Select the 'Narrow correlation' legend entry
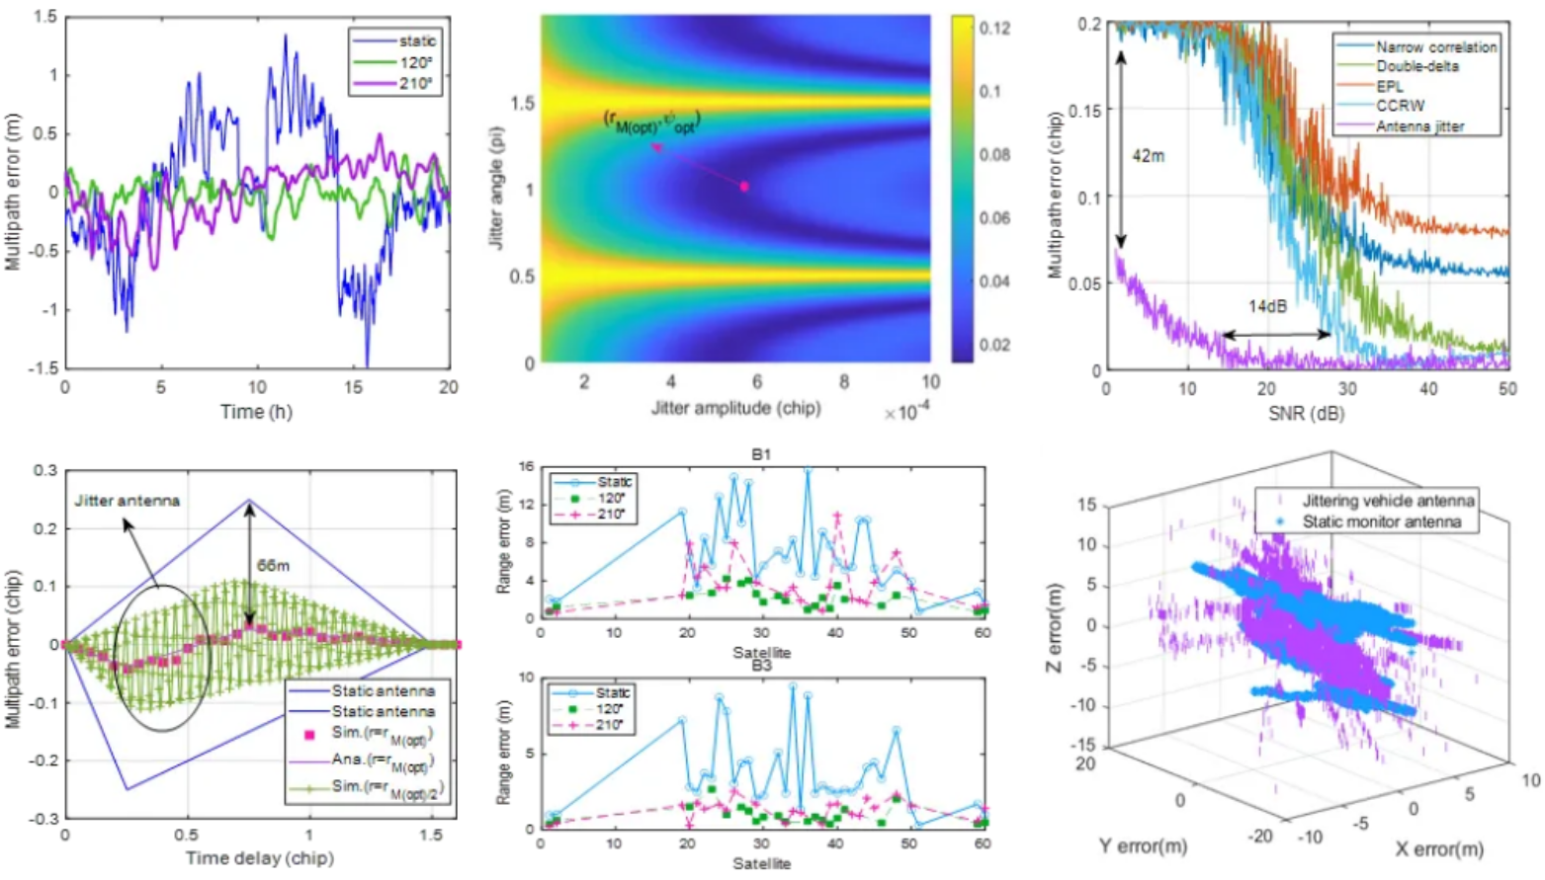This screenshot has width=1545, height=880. (1435, 46)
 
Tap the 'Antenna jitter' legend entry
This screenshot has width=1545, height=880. (1419, 126)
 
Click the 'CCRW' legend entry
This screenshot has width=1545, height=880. (1400, 106)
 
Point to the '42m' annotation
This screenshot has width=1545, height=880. (1148, 156)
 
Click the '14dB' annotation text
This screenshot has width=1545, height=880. (1267, 306)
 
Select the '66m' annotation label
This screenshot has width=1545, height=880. (274, 566)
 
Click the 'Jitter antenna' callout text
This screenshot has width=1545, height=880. (127, 501)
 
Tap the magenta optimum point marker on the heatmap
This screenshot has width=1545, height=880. (744, 186)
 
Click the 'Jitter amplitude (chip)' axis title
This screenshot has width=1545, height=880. (735, 408)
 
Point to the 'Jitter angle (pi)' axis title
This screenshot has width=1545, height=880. (497, 188)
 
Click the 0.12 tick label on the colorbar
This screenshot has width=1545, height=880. (993, 29)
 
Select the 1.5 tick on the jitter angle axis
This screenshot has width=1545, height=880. (522, 104)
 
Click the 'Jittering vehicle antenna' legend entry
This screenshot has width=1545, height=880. (1388, 501)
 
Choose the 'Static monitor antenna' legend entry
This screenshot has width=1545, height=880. (1381, 521)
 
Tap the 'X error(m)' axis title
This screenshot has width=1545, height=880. (1438, 848)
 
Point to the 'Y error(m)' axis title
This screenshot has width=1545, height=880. (1143, 845)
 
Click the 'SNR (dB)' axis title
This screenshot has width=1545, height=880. (1307, 414)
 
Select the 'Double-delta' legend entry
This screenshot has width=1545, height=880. (1416, 66)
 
